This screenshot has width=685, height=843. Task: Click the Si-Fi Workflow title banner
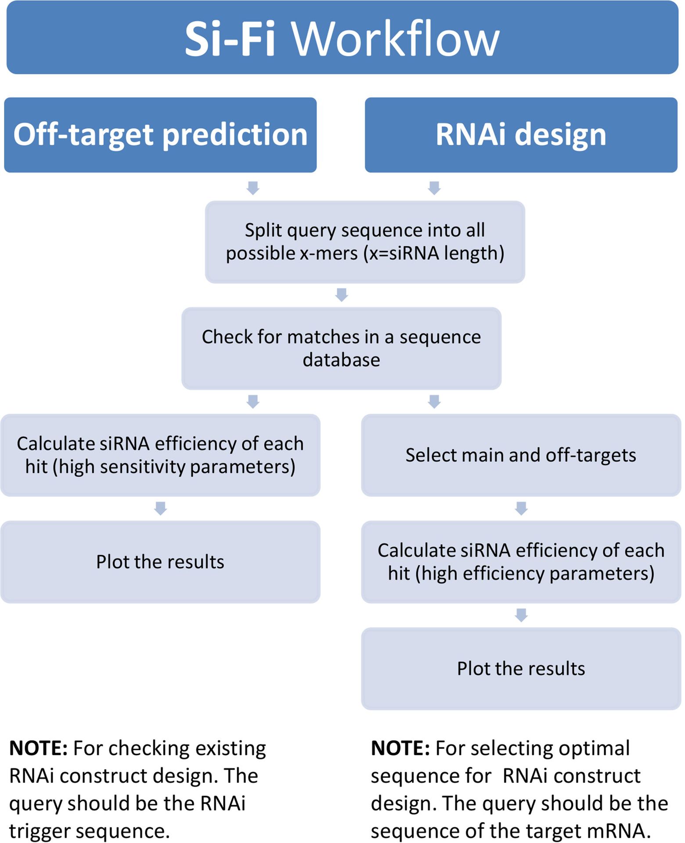click(x=342, y=37)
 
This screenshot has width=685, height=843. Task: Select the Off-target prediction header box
click(x=160, y=135)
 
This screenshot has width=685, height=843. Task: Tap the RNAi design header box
click(x=521, y=135)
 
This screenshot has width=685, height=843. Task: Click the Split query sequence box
click(x=365, y=242)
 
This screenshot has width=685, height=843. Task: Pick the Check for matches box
click(x=342, y=348)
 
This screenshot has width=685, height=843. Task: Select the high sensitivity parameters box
click(x=160, y=455)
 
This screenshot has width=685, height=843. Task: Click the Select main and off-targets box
click(x=521, y=455)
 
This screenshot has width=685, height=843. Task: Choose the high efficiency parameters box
click(x=521, y=562)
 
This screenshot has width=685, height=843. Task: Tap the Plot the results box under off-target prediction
click(x=160, y=562)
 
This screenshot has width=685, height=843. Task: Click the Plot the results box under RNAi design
click(x=521, y=669)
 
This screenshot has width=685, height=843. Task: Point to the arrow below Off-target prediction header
click(x=253, y=188)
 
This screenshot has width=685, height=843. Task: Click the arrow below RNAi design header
click(x=434, y=188)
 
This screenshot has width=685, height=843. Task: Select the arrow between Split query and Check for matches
click(x=342, y=295)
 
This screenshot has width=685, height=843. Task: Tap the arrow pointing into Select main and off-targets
click(x=434, y=401)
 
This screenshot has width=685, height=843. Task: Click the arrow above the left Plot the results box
click(x=161, y=508)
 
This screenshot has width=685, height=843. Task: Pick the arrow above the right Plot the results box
click(x=521, y=615)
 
